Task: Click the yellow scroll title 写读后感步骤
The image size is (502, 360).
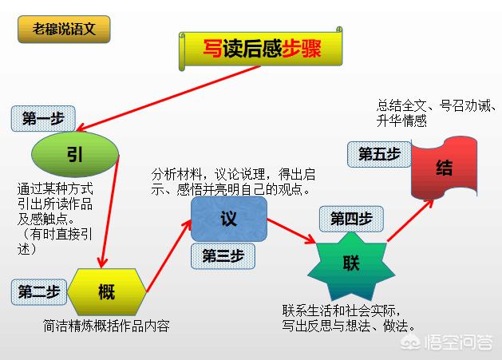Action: (261, 49)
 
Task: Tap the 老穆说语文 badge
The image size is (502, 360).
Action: (64, 30)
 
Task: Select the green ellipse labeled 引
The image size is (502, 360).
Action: (75, 154)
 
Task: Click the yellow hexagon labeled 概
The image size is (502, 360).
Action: (107, 291)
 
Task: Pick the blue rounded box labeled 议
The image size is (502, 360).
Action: (229, 219)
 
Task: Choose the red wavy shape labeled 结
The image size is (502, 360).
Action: (445, 168)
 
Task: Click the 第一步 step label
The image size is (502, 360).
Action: (43, 119)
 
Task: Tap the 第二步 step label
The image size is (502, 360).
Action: (39, 292)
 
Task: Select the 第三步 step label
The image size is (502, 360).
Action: (223, 256)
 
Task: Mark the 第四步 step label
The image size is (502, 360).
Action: (351, 219)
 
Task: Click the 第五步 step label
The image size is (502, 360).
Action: (379, 154)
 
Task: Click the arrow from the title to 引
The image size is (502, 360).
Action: (168, 98)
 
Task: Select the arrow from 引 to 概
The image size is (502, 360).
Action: (109, 212)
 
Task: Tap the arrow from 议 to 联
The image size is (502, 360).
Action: (291, 231)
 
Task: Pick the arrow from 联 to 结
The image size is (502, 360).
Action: (410, 220)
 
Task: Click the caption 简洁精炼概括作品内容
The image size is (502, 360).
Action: (106, 326)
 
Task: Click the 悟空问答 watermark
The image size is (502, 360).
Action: (447, 342)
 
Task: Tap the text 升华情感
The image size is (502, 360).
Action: (401, 121)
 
